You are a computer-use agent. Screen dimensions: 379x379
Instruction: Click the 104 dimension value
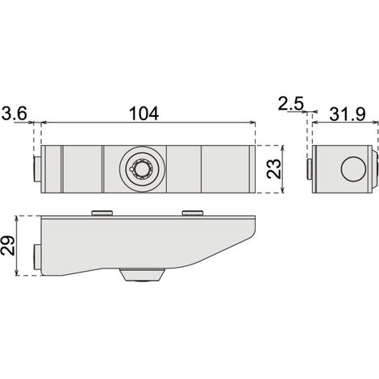(144, 114)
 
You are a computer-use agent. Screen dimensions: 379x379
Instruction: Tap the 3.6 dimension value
(15, 114)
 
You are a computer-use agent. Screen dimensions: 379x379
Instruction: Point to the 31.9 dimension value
(348, 115)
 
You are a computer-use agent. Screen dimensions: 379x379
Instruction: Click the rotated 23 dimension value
(273, 169)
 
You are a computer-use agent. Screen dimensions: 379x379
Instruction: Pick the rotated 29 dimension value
(7, 245)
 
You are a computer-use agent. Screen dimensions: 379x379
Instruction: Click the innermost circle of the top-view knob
(142, 169)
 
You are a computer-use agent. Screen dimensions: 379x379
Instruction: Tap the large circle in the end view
(353, 169)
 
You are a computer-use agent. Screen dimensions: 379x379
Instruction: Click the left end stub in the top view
(37, 169)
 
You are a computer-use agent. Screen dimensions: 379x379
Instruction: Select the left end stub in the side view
(37, 256)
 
